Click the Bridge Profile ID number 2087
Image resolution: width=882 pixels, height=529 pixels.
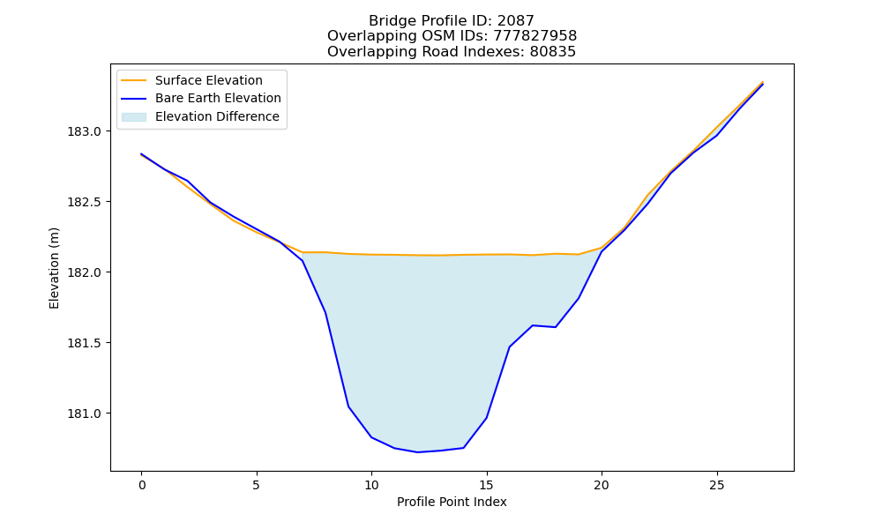pyautogui.click(x=515, y=21)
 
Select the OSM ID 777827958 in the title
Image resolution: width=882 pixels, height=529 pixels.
pyautogui.click(x=535, y=36)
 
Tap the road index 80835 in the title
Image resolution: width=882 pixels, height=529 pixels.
pyautogui.click(x=553, y=52)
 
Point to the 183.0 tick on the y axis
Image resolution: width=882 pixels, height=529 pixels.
pyautogui.click(x=85, y=131)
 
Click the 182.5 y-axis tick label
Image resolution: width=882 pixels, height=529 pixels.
pyautogui.click(x=85, y=202)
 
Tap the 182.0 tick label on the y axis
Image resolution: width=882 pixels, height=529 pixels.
pyautogui.click(x=85, y=272)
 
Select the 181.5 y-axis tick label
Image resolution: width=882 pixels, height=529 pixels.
pyautogui.click(x=85, y=343)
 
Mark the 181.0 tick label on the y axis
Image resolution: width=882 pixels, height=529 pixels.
pyautogui.click(x=85, y=414)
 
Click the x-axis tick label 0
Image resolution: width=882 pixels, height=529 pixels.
pyautogui.click(x=142, y=485)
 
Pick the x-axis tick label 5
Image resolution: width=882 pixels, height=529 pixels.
pyautogui.click(x=257, y=485)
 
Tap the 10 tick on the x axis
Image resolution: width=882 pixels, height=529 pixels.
pyautogui.click(x=371, y=485)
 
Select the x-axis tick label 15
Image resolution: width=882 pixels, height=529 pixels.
pyautogui.click(x=487, y=485)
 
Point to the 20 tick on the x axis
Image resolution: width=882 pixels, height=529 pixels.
pyautogui.click(x=602, y=485)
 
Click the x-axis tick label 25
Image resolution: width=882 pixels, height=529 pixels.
pyautogui.click(x=716, y=485)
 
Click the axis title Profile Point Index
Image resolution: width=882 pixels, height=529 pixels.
pyautogui.click(x=452, y=502)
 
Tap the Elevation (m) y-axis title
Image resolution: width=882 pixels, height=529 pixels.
pyautogui.click(x=54, y=268)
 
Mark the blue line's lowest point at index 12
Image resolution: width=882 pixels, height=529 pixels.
pyautogui.click(x=417, y=452)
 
